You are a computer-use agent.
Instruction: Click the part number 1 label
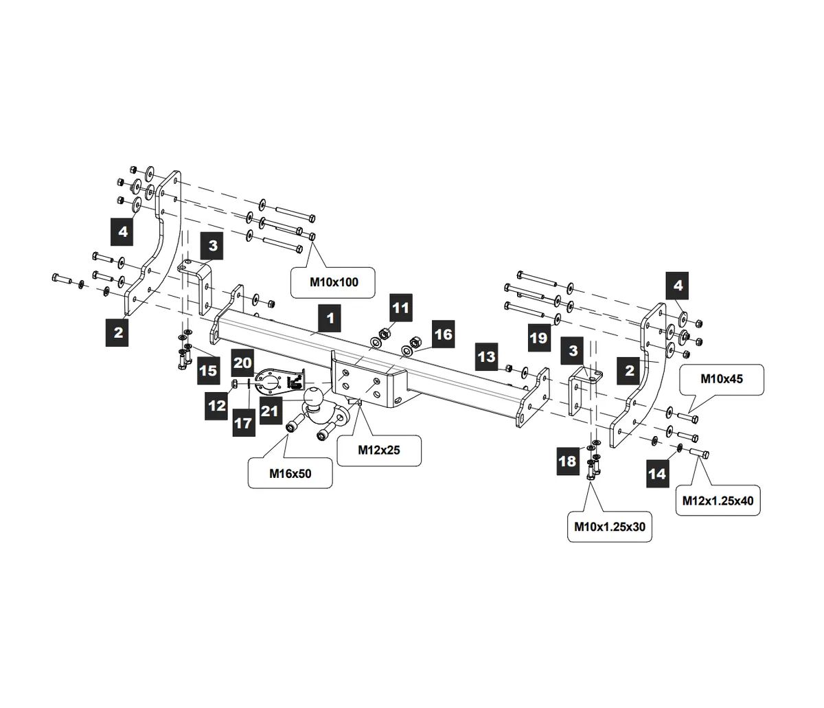(330, 319)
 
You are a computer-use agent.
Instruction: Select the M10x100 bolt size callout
(334, 282)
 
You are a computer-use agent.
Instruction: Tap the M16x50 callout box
(290, 473)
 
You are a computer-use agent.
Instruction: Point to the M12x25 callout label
(379, 450)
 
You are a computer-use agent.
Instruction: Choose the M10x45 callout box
(721, 378)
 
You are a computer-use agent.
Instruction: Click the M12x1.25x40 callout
(718, 501)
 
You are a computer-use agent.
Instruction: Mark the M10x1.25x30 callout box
(610, 527)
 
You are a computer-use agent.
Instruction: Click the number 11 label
(400, 307)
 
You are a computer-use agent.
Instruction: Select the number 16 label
(444, 334)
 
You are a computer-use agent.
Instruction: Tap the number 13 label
(486, 356)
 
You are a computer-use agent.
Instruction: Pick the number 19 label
(540, 337)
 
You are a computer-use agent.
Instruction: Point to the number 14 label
(656, 473)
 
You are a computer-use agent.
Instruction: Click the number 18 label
(567, 461)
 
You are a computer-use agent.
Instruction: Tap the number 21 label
(269, 411)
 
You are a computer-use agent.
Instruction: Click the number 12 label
(217, 405)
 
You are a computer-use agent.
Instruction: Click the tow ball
(314, 398)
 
